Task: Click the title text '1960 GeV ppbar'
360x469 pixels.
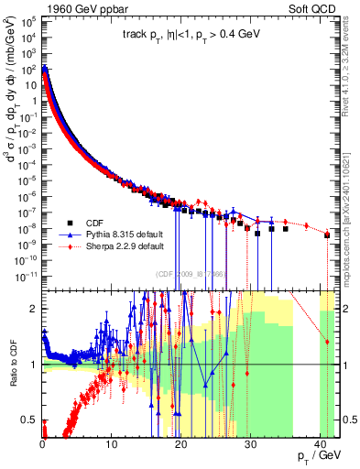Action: click(x=79, y=9)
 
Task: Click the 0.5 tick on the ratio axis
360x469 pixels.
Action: click(x=32, y=420)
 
